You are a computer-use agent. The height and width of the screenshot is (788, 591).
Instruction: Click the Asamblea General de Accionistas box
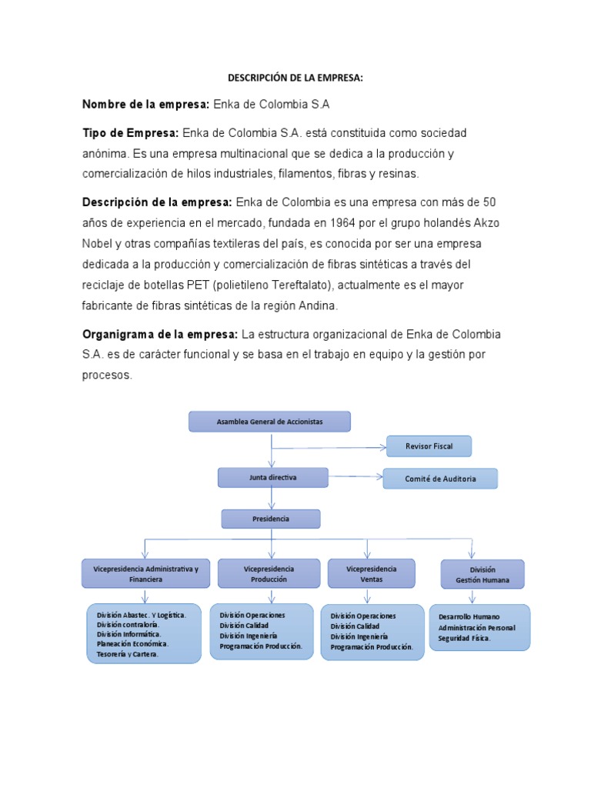point(269,422)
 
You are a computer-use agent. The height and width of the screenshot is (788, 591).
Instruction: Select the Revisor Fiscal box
point(428,446)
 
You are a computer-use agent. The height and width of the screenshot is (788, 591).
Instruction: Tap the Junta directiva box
point(272,477)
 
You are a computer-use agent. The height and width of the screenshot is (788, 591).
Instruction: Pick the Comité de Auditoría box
point(440,479)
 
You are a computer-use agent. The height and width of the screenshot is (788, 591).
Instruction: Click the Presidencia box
point(271,519)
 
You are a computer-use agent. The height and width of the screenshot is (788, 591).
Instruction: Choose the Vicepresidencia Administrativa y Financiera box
point(145,573)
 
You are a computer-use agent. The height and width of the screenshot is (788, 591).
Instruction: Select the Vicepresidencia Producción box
point(268,573)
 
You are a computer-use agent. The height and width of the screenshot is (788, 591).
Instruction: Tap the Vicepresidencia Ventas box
point(371,573)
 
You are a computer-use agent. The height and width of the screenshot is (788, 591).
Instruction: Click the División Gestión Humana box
point(482,575)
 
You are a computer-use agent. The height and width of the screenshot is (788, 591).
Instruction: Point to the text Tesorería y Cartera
point(127,653)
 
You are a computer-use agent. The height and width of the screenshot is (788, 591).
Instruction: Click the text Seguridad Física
point(464,638)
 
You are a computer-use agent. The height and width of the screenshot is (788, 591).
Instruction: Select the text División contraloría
point(128,624)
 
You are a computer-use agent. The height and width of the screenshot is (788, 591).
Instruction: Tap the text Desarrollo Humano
point(469,616)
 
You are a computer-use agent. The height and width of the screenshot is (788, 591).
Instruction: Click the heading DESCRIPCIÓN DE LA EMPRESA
point(295,78)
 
